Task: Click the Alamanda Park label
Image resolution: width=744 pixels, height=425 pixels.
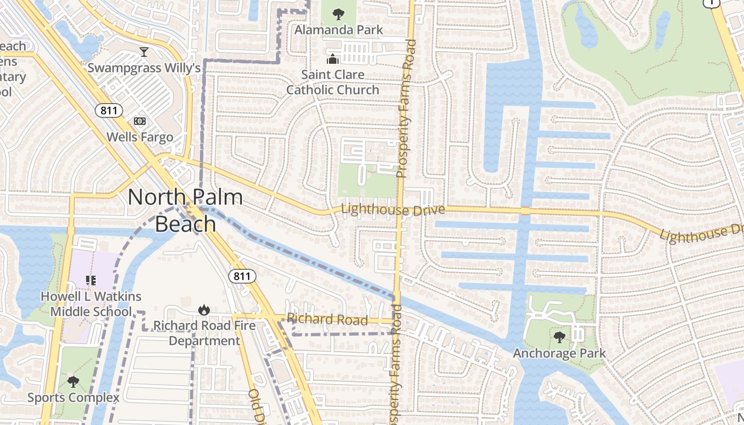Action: click(x=339, y=30)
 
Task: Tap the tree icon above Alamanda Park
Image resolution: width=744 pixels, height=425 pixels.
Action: click(x=337, y=14)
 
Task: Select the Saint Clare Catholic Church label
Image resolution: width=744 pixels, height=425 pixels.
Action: click(x=333, y=82)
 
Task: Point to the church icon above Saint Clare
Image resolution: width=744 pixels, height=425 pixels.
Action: click(x=333, y=59)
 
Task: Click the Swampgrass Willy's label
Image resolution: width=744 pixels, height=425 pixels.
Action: click(x=143, y=68)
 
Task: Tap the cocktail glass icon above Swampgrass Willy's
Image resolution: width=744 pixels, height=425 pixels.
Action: click(x=143, y=52)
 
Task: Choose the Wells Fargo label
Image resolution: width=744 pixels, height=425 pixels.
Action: click(x=140, y=137)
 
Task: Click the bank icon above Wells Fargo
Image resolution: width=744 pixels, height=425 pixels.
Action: click(x=140, y=121)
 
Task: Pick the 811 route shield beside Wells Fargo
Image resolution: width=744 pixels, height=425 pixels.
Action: click(x=109, y=110)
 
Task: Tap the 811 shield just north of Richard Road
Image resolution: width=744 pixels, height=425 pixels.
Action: click(x=242, y=276)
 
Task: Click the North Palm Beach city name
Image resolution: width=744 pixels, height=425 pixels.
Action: click(x=185, y=210)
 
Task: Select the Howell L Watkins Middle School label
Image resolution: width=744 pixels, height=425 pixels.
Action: click(x=91, y=304)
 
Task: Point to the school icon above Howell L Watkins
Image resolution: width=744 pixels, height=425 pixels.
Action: click(x=91, y=280)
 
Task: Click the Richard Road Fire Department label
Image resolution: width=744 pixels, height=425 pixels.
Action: click(x=205, y=333)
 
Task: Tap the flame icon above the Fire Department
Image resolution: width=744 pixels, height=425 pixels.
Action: click(x=204, y=310)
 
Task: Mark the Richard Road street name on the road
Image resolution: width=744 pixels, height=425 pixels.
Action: click(x=327, y=319)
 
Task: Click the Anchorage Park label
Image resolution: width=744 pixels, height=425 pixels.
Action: click(x=559, y=353)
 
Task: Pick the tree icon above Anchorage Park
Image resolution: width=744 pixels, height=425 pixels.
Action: click(x=559, y=337)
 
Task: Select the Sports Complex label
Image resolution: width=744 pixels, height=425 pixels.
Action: click(x=73, y=397)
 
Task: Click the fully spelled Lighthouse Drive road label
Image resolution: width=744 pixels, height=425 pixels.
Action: click(x=393, y=210)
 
